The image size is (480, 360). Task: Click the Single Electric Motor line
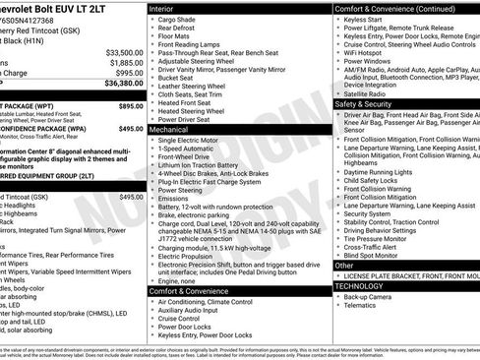point(191,142)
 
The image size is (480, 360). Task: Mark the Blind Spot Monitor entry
point(376,254)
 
